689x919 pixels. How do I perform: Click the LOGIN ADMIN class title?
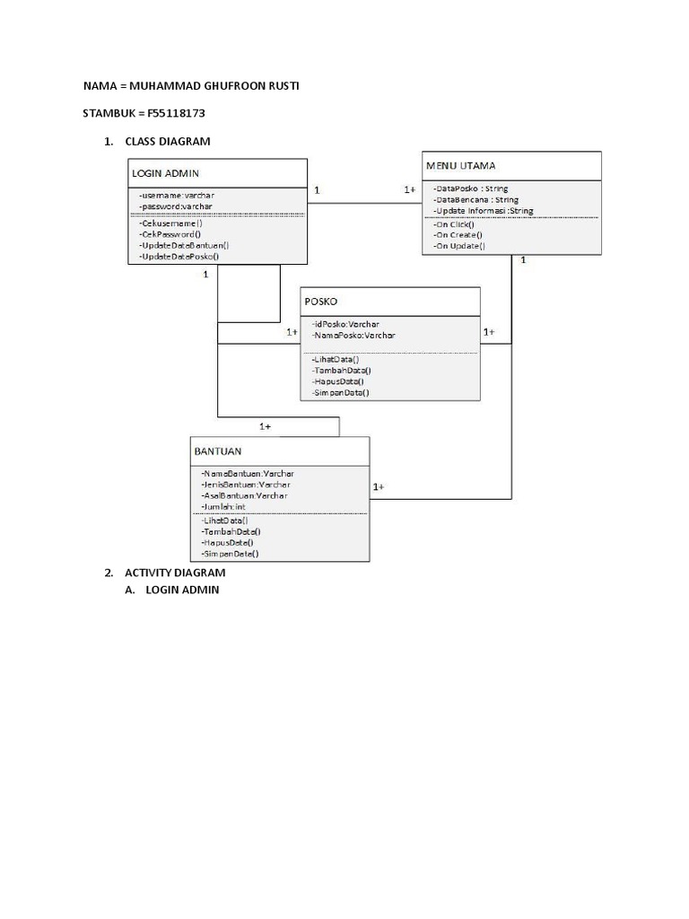coord(166,172)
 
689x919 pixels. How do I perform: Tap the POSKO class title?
coord(321,302)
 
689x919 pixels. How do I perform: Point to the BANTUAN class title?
coord(218,451)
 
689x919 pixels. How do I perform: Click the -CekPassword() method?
coord(170,233)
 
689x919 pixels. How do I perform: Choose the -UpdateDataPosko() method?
coord(179,256)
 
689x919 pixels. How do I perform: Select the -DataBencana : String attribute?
coord(475,200)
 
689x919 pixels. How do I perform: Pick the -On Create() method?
coord(458,234)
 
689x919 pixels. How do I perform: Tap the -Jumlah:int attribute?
coord(222,507)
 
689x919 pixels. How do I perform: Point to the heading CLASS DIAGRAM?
coord(168,142)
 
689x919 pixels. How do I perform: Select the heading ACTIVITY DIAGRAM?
coord(175,572)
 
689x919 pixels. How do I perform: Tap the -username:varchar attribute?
coord(177,195)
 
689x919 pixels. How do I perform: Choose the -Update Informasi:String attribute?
coord(483,211)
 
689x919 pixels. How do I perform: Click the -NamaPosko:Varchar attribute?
coord(353,335)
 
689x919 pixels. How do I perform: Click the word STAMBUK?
coord(109,114)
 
